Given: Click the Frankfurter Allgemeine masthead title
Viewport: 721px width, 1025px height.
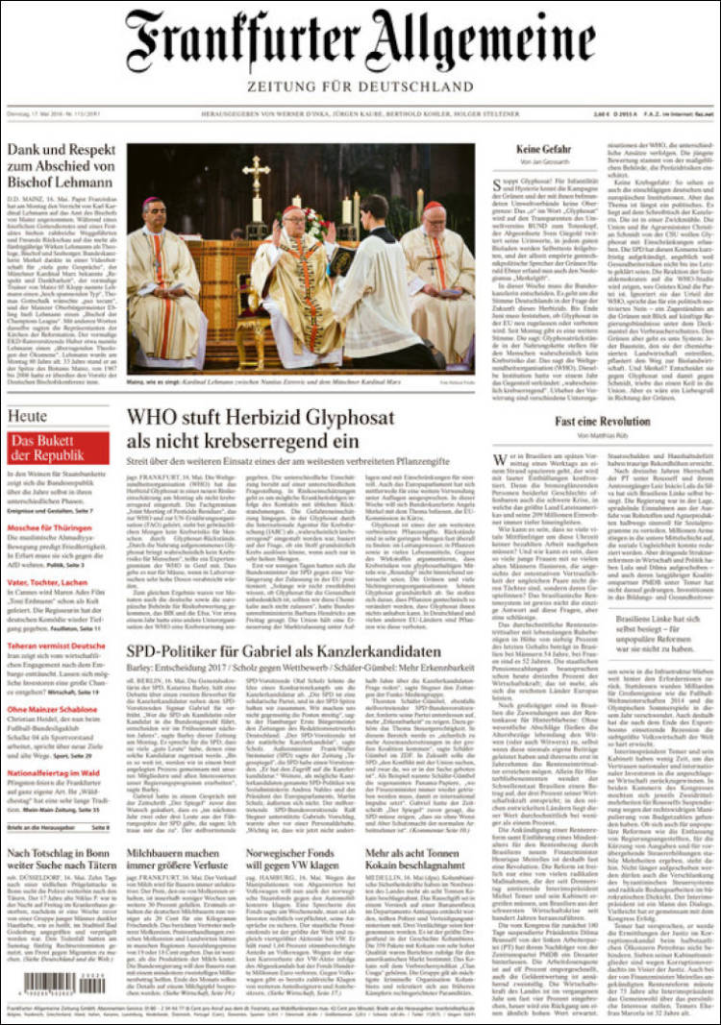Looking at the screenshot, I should point(360,43).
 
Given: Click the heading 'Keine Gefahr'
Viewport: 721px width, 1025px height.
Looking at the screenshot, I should point(543,150).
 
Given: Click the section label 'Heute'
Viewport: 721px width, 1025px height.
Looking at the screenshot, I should point(27,416).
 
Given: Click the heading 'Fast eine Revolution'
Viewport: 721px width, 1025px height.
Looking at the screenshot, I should point(601,422).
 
